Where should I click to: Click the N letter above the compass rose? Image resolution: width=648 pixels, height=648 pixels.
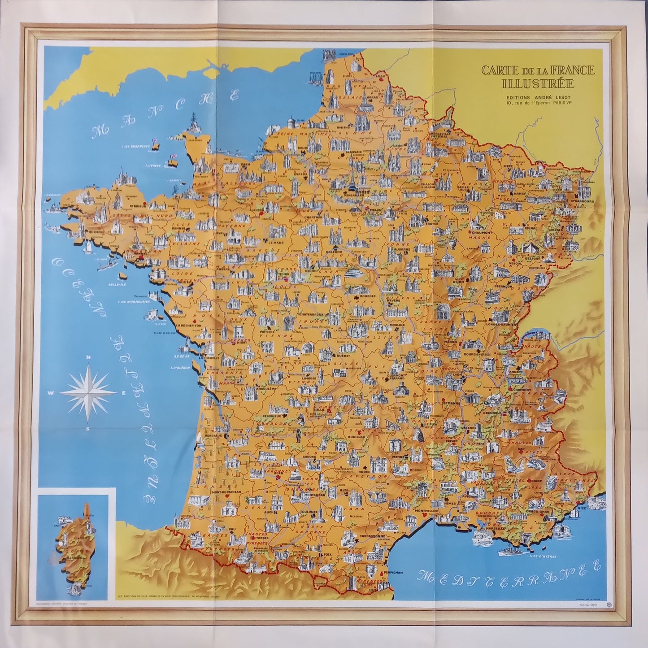point(89,357)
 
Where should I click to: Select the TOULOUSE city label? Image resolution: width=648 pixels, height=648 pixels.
point(309,512)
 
